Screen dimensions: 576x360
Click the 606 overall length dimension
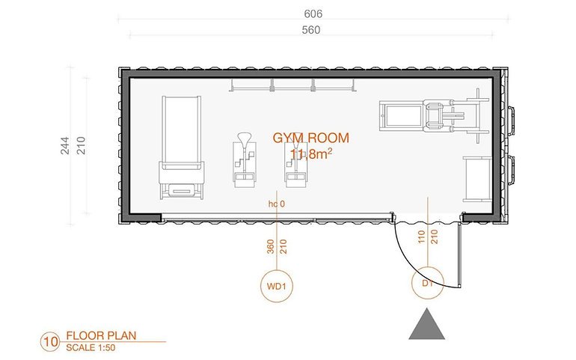[313, 14]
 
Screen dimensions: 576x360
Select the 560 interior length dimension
[310, 30]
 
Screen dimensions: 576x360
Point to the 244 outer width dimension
[64, 145]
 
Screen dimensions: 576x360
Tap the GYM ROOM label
[310, 138]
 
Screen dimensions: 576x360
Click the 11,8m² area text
[311, 154]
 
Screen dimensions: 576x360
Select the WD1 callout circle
[277, 286]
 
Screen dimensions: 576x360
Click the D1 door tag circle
[428, 283]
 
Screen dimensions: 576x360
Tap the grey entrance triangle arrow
[427, 323]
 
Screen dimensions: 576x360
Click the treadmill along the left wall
[182, 147]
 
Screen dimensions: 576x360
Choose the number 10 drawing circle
[50, 341]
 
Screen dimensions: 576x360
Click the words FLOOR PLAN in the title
[101, 335]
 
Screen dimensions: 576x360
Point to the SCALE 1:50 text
[91, 347]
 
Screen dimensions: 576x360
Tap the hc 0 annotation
[276, 204]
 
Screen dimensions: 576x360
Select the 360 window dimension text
[271, 247]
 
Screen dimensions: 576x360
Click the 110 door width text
[421, 237]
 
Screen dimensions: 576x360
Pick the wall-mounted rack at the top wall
[292, 85]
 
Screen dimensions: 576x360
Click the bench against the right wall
[477, 179]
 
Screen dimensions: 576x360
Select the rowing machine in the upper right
[434, 115]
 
